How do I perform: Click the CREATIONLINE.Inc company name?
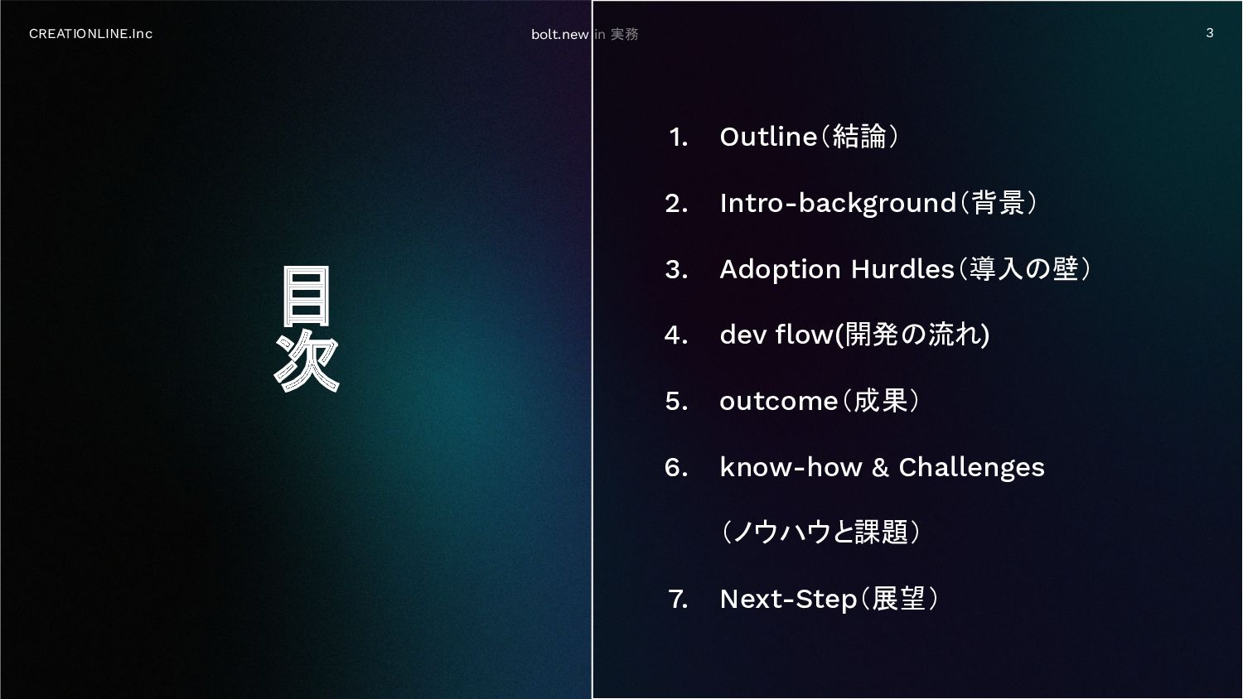point(90,34)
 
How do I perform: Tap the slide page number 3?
point(1210,33)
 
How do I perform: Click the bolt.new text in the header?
point(559,35)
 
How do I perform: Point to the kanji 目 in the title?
point(307,296)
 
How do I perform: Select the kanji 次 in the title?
point(307,361)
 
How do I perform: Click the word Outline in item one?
point(768,137)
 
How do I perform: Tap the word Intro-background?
point(838,203)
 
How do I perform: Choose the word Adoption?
point(781,270)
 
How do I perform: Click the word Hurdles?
point(902,269)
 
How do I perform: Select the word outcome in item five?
point(779,401)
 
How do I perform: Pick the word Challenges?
point(972,468)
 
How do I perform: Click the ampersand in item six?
point(880,468)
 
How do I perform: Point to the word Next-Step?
point(789,600)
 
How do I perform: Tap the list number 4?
point(676,335)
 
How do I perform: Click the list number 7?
point(678,600)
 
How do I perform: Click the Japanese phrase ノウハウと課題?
point(820,532)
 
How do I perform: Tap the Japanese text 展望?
point(898,599)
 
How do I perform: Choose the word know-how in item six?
point(791,467)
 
